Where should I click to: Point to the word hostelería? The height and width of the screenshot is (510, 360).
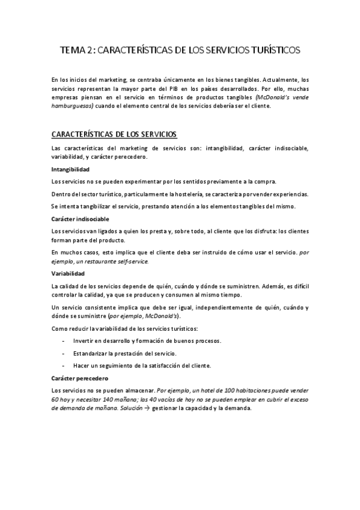[195, 194]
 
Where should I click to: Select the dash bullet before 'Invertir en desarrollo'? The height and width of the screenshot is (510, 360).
[64, 341]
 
